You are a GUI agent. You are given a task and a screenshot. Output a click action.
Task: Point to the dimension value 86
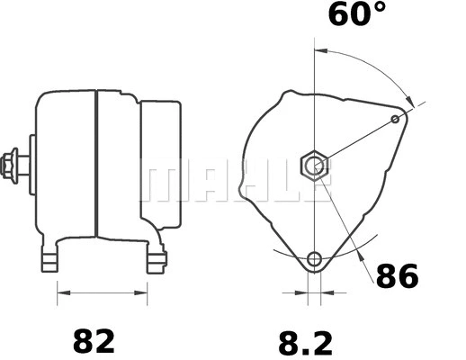(396, 275)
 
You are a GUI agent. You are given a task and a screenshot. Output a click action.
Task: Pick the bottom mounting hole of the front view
(313, 260)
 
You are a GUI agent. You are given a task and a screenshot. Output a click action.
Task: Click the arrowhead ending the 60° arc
(410, 103)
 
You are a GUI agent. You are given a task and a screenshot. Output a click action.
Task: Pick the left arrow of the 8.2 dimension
(302, 292)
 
